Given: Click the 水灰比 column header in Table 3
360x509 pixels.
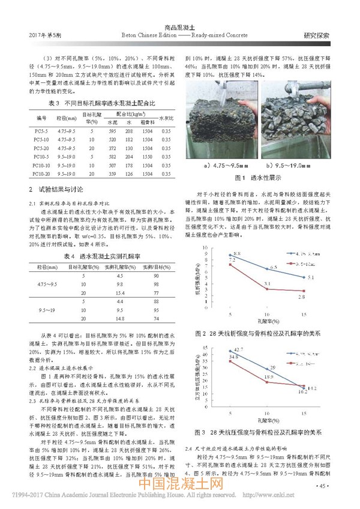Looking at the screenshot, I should point(166,117).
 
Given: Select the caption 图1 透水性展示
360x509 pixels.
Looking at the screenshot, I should point(249,178).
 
